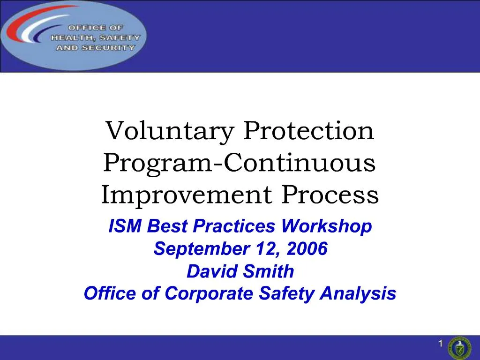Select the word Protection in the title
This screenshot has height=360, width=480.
tap(308, 132)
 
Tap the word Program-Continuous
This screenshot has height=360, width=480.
tap(240, 164)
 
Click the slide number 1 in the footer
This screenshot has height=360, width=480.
tap(441, 345)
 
